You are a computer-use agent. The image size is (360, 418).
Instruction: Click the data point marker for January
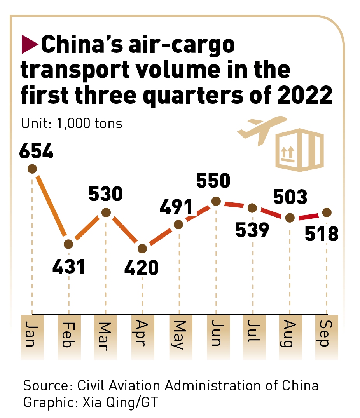click(32, 169)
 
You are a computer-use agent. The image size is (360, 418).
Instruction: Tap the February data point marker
click(68, 244)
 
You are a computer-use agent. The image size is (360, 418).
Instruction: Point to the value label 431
click(69, 267)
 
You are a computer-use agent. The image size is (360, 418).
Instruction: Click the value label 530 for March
click(106, 194)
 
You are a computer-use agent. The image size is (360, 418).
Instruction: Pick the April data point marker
click(142, 248)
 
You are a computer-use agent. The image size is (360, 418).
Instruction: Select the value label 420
click(142, 268)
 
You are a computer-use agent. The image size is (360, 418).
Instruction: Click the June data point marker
click(216, 201)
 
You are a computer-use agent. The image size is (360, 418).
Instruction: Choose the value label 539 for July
click(252, 230)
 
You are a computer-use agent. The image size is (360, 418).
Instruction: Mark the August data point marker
click(290, 218)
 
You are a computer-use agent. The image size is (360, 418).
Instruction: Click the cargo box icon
click(299, 150)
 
